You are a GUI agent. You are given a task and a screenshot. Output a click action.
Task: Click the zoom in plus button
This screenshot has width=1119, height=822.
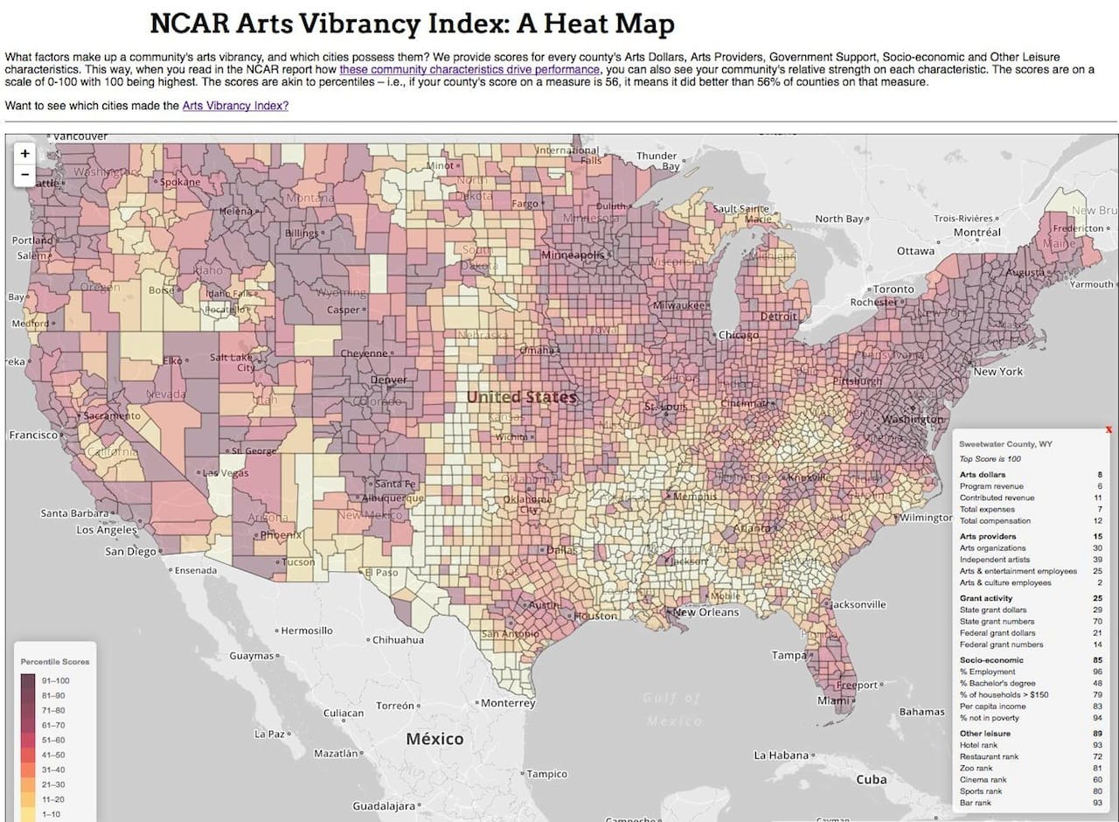[x=25, y=153]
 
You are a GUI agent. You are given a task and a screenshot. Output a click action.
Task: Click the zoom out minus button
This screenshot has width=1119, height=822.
[x=25, y=174]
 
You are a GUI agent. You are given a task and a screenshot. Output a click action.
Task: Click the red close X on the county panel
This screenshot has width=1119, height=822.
[x=1109, y=429]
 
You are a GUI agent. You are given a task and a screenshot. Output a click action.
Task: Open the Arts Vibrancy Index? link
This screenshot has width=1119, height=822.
[x=235, y=106]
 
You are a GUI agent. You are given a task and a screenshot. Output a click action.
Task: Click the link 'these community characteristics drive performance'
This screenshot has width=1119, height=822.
[x=469, y=69]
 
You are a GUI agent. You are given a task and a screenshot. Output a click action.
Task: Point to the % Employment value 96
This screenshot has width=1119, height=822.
[x=1097, y=672]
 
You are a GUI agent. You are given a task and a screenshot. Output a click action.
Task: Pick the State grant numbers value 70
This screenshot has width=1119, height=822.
[x=1097, y=621]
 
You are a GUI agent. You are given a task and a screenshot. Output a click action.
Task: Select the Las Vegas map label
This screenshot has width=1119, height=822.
[x=226, y=472]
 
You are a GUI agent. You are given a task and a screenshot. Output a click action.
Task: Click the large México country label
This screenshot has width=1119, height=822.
[x=434, y=739]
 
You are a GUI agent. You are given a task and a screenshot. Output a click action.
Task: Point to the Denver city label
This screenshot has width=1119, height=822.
[x=388, y=380]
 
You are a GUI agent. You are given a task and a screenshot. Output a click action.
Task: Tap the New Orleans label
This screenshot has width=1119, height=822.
[x=706, y=612]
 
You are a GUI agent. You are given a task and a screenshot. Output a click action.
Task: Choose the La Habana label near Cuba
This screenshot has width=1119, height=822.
[x=784, y=755]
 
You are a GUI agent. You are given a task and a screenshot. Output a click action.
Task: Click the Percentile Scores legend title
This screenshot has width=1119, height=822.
[x=55, y=662]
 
